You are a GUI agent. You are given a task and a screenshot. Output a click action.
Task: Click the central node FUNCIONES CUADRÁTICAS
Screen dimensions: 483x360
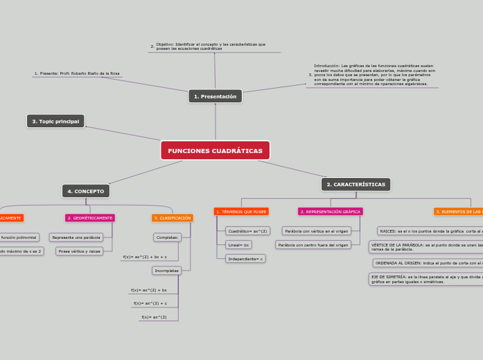215,150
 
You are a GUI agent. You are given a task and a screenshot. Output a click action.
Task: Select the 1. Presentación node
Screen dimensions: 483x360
215,96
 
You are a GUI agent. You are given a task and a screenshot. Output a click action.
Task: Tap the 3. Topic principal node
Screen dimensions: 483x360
55,121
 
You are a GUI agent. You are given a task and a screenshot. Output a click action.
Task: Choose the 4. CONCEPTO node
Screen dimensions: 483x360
86,190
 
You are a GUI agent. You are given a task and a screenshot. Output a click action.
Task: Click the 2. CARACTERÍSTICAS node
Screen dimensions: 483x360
355,184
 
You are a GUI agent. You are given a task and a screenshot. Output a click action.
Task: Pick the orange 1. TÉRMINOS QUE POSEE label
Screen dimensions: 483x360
241,211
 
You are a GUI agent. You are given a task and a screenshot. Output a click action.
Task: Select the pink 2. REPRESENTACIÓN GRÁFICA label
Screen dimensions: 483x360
331,211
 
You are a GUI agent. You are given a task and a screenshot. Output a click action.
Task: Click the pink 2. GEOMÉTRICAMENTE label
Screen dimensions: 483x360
90,217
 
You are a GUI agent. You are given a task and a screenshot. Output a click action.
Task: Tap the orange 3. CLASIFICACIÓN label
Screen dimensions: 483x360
173,217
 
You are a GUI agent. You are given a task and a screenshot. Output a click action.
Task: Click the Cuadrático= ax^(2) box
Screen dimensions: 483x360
247,231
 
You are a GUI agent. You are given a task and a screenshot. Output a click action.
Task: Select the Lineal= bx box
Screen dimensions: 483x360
239,244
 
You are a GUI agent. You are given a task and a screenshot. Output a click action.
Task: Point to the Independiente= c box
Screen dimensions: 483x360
245,258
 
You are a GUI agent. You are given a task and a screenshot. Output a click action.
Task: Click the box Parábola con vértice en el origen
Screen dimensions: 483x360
317,231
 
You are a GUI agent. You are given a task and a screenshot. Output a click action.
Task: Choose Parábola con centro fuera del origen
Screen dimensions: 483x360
313,244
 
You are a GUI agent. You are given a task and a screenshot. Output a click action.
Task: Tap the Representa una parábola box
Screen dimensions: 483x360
76,237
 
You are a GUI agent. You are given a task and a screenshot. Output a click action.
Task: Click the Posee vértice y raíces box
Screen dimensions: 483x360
80,251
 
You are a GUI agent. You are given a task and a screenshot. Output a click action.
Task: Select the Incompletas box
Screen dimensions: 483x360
166,270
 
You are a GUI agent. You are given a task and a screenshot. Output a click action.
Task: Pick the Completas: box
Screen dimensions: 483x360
167,237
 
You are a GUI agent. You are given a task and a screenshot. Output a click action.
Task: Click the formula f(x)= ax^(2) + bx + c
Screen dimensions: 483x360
145,256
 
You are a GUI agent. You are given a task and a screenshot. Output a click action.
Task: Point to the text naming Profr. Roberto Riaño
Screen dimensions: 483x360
77,73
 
